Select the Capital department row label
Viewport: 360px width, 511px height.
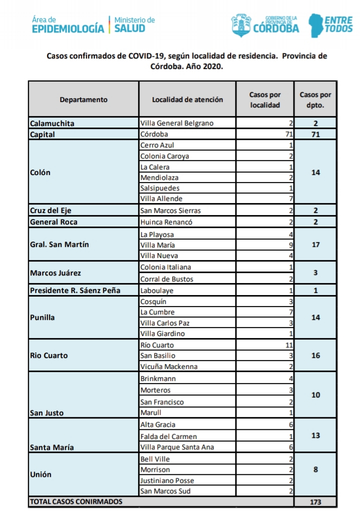[x=42, y=134]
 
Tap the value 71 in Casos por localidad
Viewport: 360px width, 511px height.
[x=287, y=134]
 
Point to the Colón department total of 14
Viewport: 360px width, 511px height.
[x=315, y=172]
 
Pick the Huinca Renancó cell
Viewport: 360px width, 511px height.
[x=166, y=222]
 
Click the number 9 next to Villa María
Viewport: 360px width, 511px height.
[x=290, y=245]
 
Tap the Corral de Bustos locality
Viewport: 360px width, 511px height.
[x=166, y=279]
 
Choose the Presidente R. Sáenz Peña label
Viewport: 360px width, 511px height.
[x=75, y=290]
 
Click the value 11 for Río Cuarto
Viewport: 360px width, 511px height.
[x=287, y=345]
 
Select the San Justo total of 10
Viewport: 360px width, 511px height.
[x=315, y=395]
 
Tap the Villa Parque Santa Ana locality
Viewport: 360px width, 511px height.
[x=177, y=447]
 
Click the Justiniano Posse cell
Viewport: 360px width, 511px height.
[x=167, y=480]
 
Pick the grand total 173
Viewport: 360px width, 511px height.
[x=315, y=501]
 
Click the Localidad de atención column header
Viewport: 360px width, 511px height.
[x=187, y=99]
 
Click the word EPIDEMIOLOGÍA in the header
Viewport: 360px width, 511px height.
[x=68, y=29]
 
